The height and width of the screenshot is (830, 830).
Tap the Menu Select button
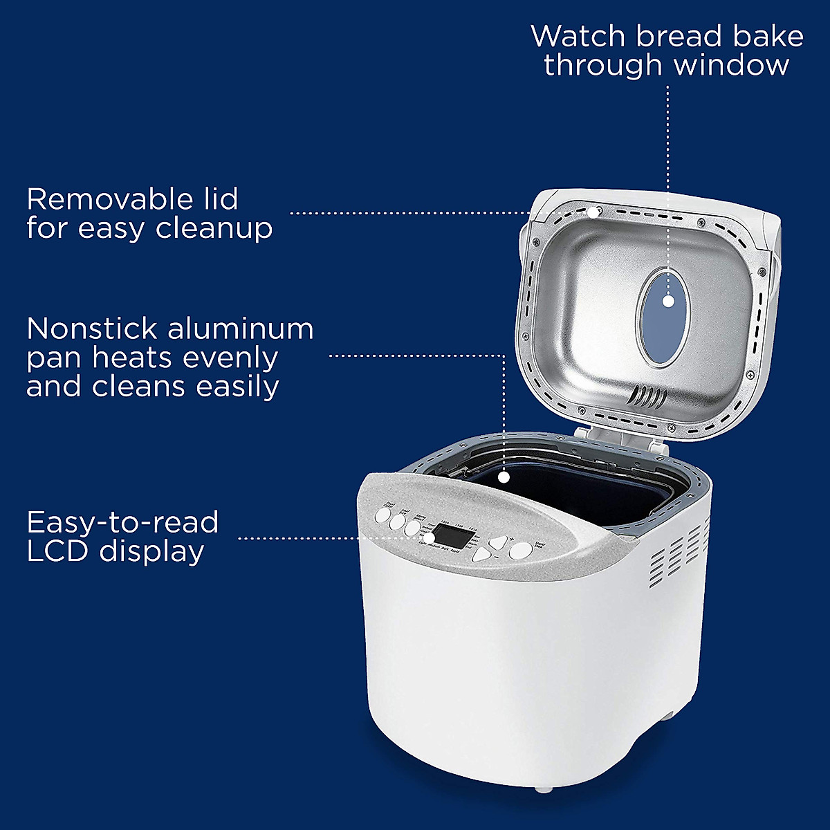pos(413,528)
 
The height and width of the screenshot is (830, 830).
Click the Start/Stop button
pos(521,551)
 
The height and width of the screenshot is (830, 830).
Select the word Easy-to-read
pos(122,522)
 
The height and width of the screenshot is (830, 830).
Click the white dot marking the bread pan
pos(505,477)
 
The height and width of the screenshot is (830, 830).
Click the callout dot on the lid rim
pos(593,212)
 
